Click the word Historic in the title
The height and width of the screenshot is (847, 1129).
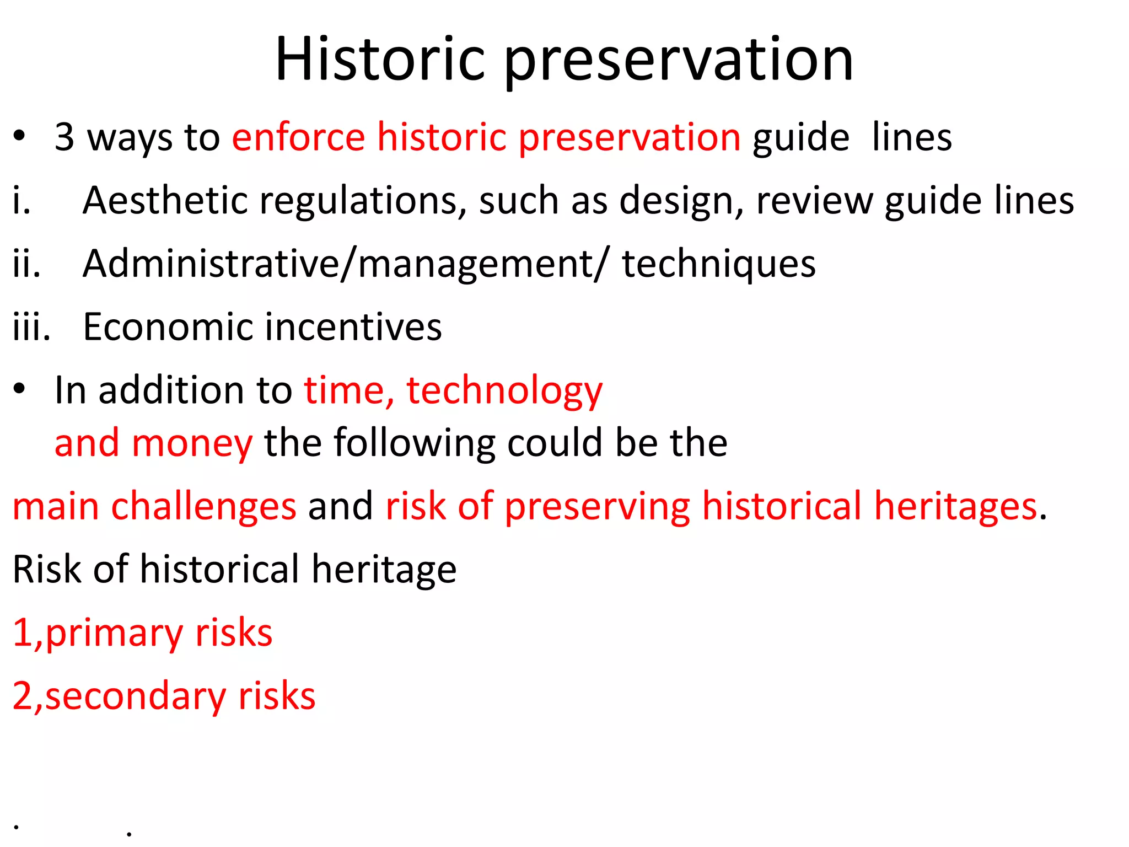(x=380, y=59)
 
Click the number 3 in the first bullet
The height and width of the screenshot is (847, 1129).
(x=64, y=137)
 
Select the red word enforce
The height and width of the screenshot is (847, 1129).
(x=298, y=137)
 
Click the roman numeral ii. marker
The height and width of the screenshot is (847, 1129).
(x=26, y=264)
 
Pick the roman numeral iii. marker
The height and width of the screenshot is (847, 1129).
(x=31, y=326)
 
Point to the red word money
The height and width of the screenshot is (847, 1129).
(x=192, y=444)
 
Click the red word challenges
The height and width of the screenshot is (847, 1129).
(x=203, y=507)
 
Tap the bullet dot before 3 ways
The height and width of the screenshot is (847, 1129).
(x=20, y=136)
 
